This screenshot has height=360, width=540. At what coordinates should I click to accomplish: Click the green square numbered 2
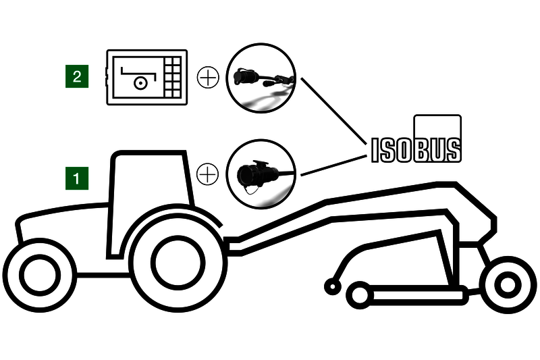click(x=77, y=76)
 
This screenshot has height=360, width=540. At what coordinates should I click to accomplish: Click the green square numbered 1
click(x=77, y=178)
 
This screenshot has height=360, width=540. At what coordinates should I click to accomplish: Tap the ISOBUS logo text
click(x=416, y=150)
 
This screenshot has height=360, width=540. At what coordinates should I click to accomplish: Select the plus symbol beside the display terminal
click(x=208, y=77)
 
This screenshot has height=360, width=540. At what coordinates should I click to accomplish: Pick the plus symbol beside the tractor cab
click(x=207, y=174)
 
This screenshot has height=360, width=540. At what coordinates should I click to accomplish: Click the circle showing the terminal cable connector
click(x=261, y=78)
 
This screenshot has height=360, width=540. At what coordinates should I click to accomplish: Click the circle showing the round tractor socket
click(x=261, y=174)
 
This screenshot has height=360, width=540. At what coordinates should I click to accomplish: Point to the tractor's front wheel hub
click(x=40, y=275)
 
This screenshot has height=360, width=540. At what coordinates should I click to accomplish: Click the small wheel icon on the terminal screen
click(x=141, y=82)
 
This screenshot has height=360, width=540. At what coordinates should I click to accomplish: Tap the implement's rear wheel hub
click(x=508, y=285)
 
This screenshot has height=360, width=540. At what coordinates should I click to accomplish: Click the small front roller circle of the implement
click(x=360, y=296)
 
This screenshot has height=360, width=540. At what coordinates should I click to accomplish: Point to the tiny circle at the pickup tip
click(x=333, y=286)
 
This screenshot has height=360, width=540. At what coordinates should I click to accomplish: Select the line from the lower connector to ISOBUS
click(x=333, y=165)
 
